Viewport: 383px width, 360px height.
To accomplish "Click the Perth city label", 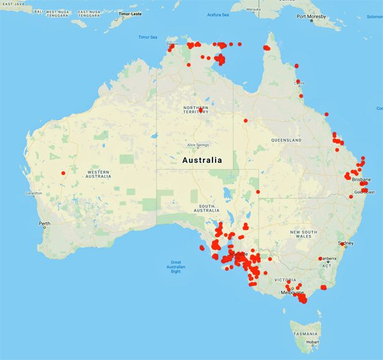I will coord(45,223).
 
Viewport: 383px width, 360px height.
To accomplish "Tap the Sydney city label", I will coord(346,243).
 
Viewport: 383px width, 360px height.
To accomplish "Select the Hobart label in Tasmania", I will coord(312,342).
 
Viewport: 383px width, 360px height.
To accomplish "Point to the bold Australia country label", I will coord(202,160).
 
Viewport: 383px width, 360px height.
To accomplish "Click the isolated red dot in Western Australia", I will coord(63,173).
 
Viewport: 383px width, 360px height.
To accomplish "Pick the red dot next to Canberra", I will coord(320,259).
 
